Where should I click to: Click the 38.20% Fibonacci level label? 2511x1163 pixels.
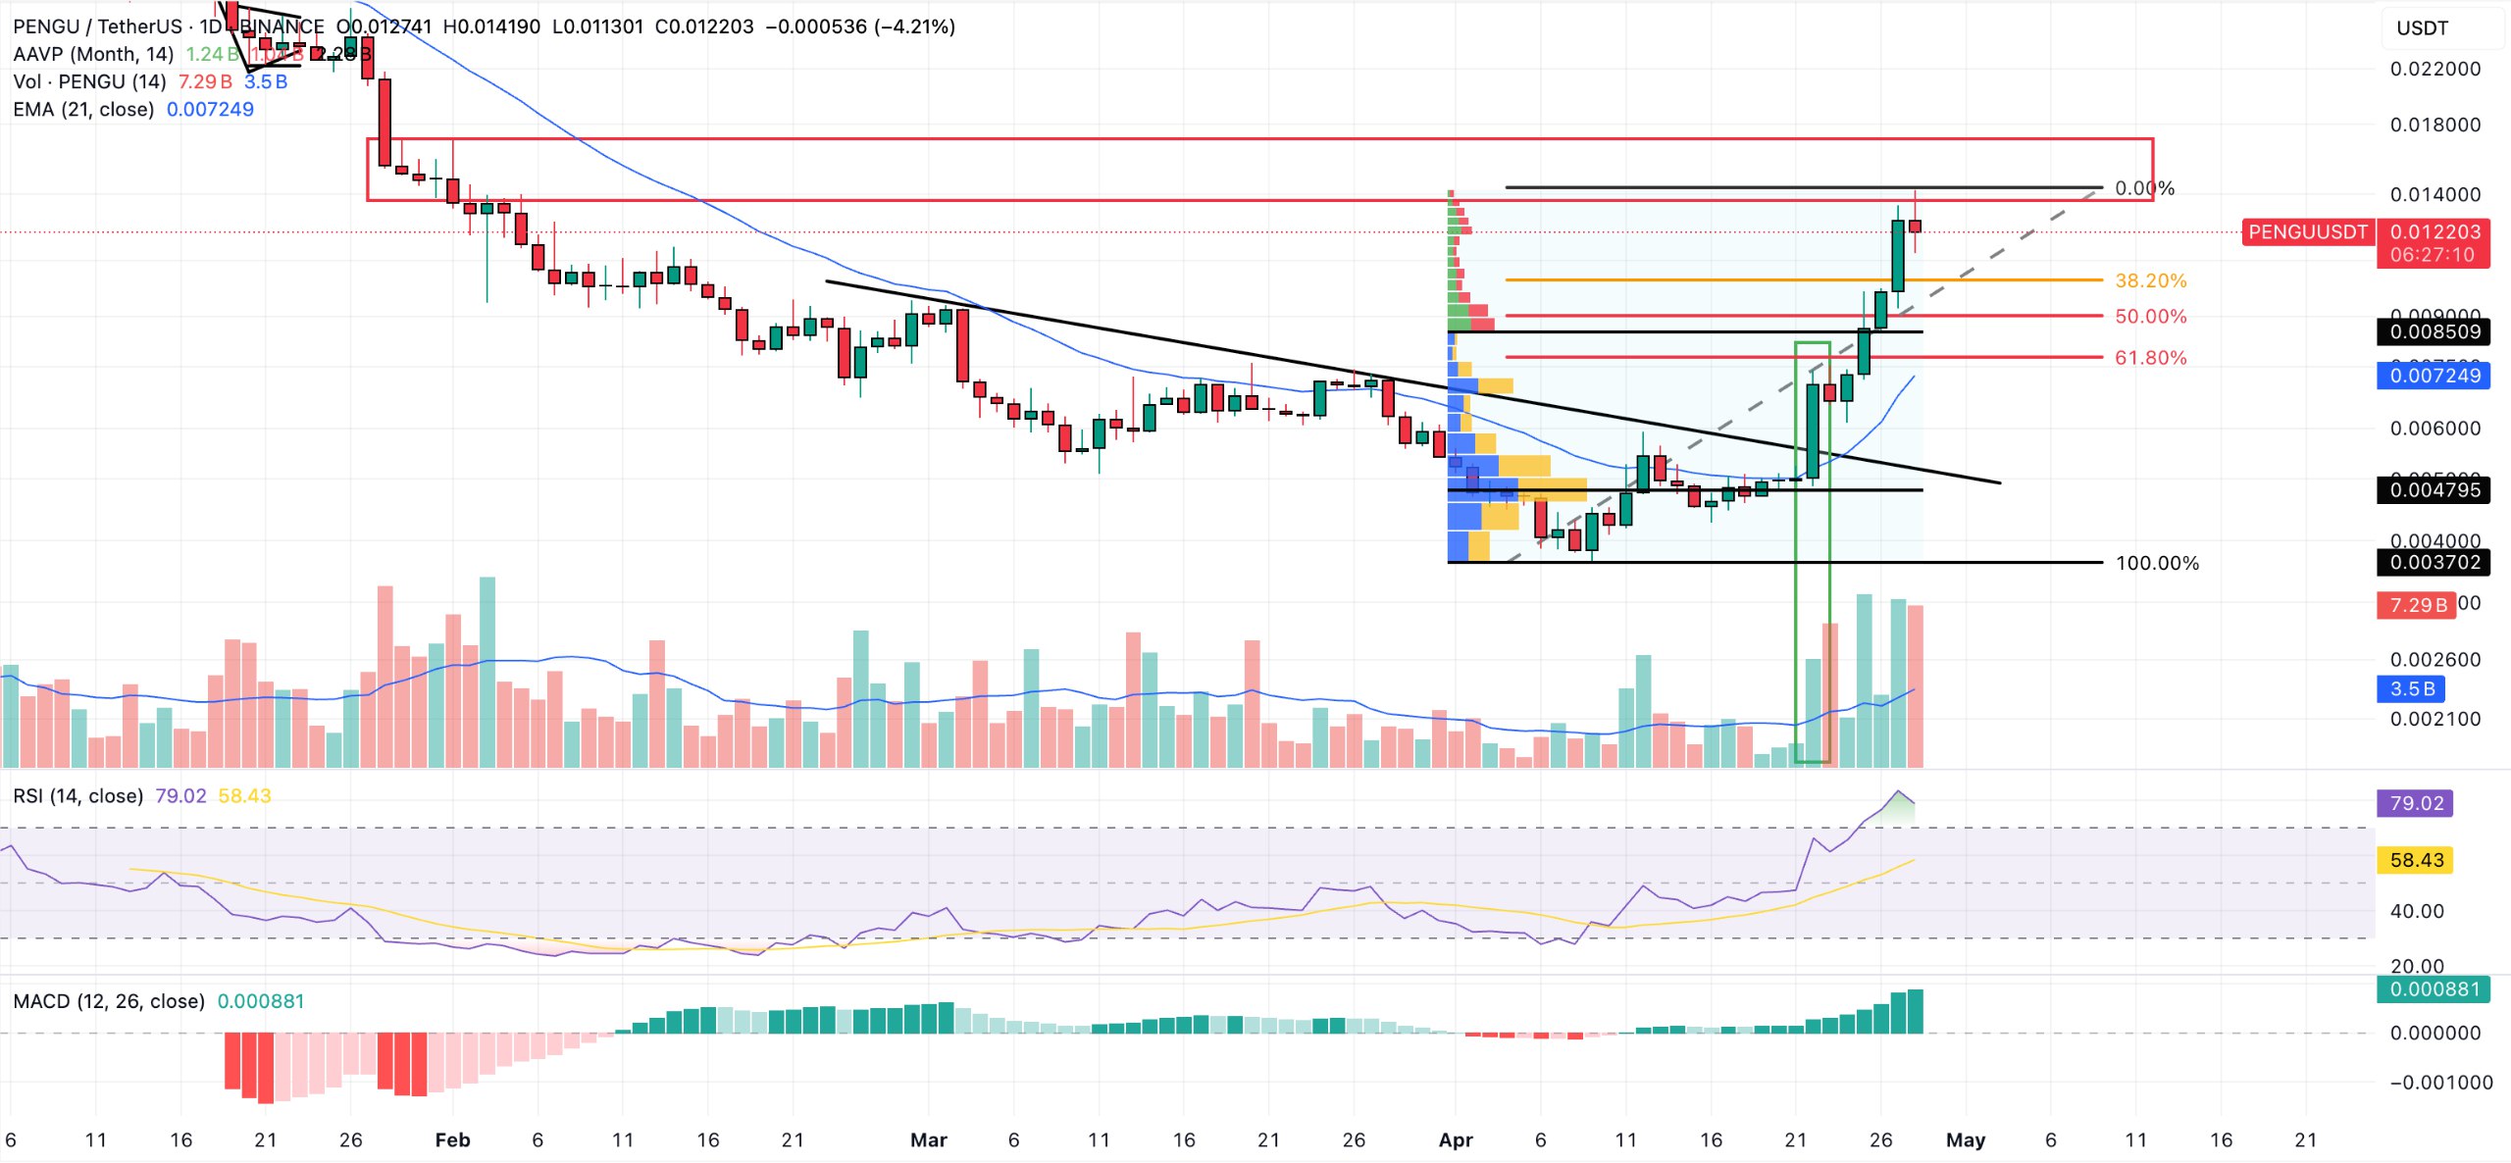coord(2150,280)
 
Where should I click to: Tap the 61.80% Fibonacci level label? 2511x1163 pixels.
coord(2150,358)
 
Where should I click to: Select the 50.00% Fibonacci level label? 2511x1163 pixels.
coord(2150,317)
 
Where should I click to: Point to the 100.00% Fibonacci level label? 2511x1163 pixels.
coord(2157,563)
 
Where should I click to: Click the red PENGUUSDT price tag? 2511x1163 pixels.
coord(2307,232)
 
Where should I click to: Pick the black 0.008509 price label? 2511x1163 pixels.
coord(2434,331)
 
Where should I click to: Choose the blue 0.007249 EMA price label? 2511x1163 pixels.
coord(2434,376)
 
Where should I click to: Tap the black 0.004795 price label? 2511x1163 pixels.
coord(2434,490)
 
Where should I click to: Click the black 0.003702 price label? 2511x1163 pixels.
coord(2434,563)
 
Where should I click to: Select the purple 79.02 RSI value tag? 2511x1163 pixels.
coord(2416,804)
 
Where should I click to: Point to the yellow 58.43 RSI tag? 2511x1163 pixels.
coord(2416,861)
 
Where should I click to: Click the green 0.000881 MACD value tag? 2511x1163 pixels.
coord(2434,989)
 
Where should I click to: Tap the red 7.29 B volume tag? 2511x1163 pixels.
coord(2417,605)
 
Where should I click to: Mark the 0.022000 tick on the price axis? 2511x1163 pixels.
coord(2434,69)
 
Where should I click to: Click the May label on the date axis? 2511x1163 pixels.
coord(1965,1140)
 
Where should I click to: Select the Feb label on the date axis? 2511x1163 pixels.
coord(452,1140)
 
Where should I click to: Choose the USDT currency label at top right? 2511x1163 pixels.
coord(2422,28)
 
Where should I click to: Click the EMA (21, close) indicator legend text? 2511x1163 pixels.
coord(83,109)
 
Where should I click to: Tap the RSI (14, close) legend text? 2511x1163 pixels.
coord(77,796)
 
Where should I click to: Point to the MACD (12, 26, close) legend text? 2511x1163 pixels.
coord(108,1001)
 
